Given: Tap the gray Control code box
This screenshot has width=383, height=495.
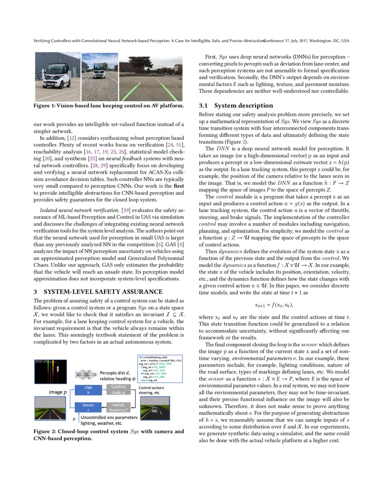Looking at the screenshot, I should pyautogui.click(x=119, y=390).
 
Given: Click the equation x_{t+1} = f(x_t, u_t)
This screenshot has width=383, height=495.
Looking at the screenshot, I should pyautogui.click(x=274, y=305).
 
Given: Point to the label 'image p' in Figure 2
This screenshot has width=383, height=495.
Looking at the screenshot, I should pyautogui.click(x=58, y=392).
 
